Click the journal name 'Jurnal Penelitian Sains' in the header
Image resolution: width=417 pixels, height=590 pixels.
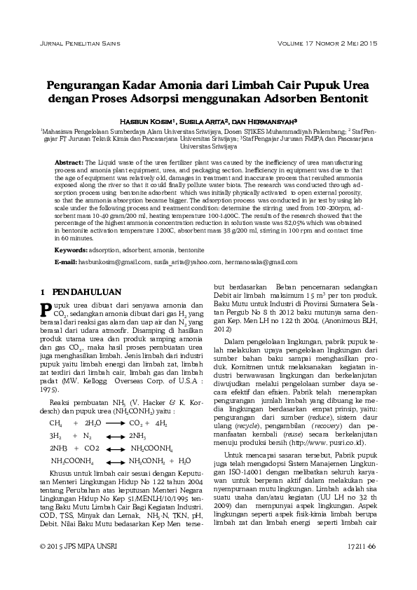click(76, 43)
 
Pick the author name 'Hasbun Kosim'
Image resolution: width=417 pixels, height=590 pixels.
click(148, 120)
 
